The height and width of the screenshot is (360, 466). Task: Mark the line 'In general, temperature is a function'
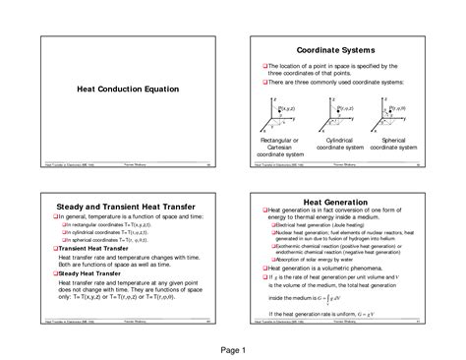[124, 215]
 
